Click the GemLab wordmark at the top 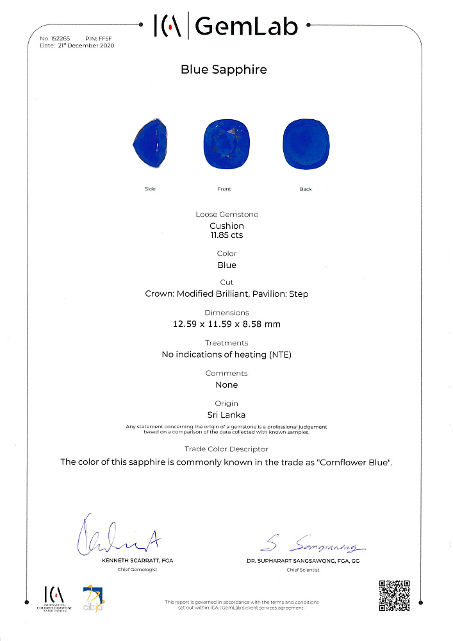pos(246,26)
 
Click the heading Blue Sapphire pos(224,70)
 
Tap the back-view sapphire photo pos(306,145)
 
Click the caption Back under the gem pos(306,189)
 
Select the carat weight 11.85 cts pos(226,235)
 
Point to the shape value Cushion pos(226,226)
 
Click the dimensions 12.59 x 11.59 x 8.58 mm pos(226,324)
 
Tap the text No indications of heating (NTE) pos(226,354)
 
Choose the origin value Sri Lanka pos(226,415)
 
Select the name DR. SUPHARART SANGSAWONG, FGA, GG pos(312,560)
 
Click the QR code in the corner pos(394,595)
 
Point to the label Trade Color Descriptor pos(226,449)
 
